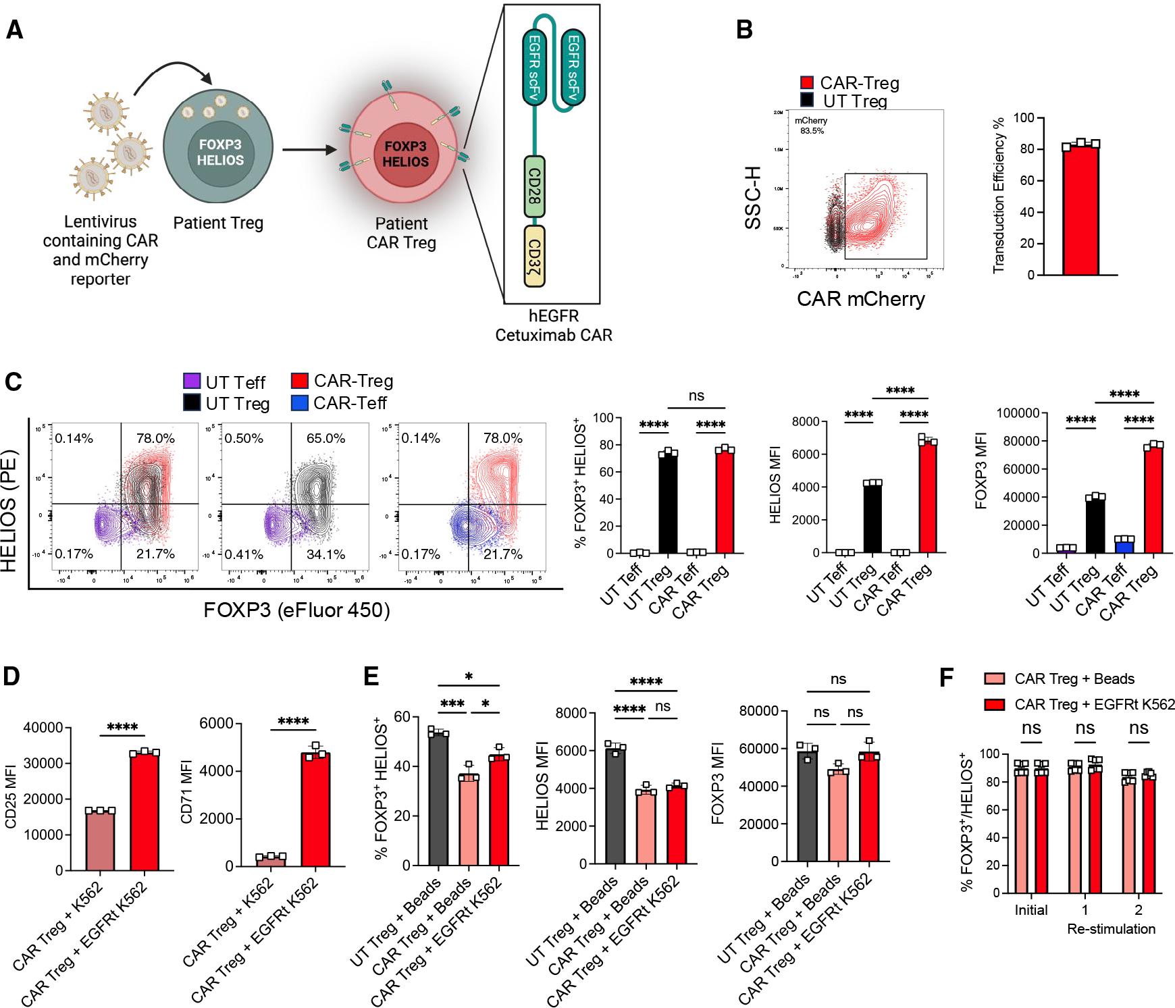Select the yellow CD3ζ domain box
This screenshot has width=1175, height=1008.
[535, 256]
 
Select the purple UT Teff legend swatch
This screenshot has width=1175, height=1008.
[192, 382]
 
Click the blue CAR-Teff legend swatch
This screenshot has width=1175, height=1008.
[300, 403]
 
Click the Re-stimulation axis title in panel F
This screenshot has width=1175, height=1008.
[1110, 928]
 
